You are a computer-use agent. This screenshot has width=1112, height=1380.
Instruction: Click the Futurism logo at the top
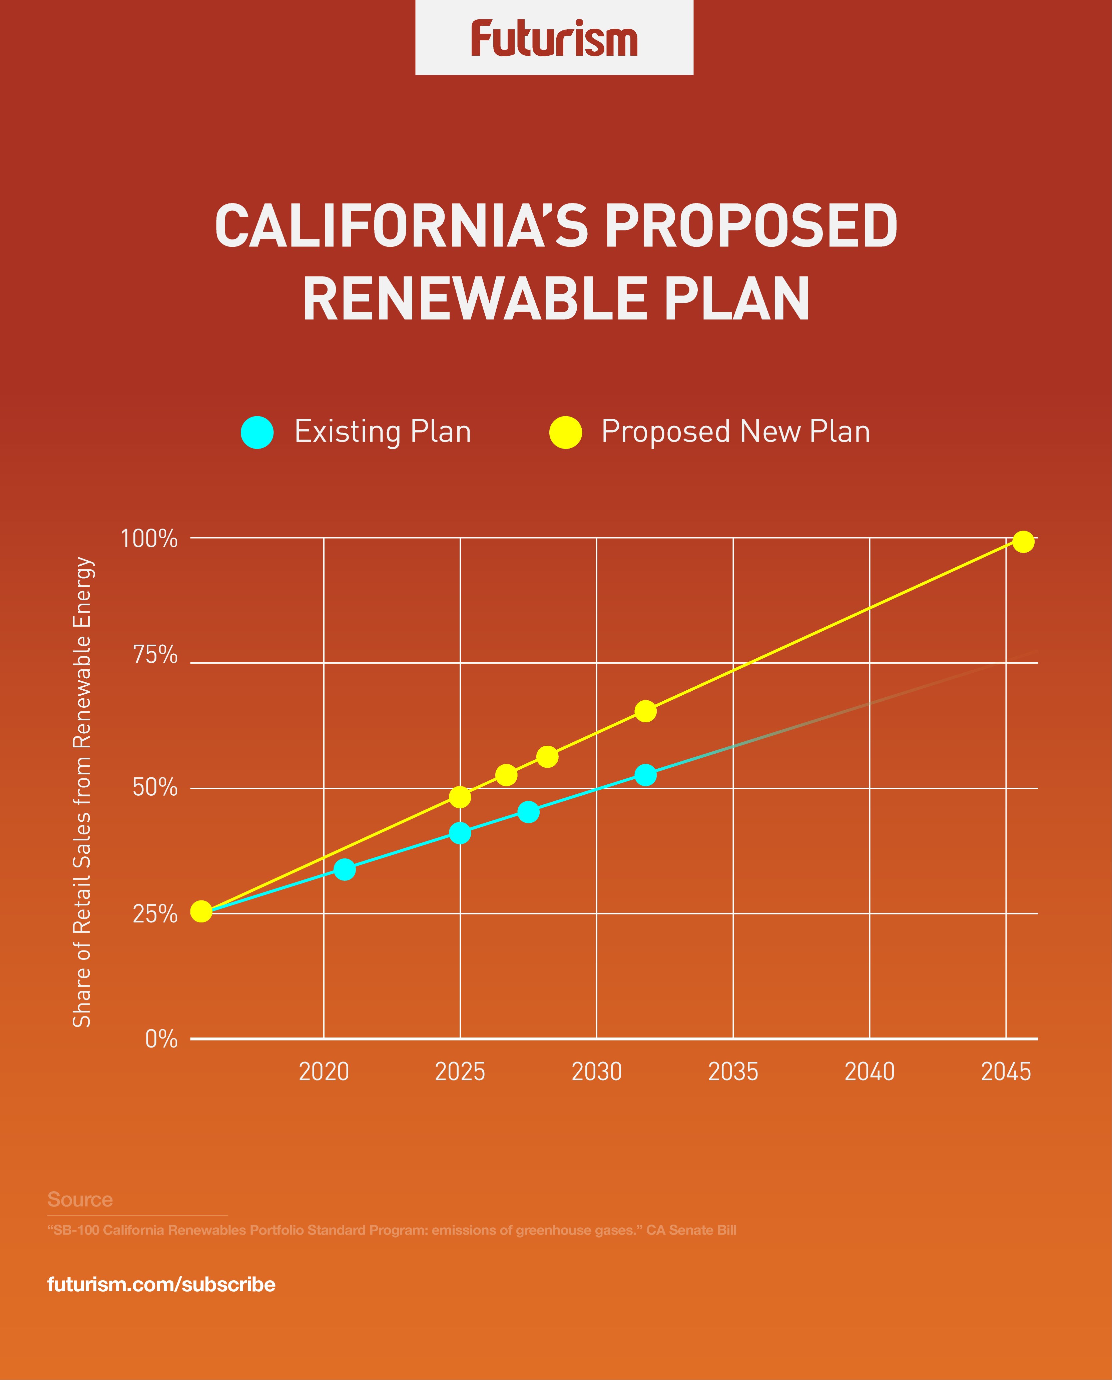pyautogui.click(x=554, y=38)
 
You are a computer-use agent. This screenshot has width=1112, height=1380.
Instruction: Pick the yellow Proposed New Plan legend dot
pyautogui.click(x=566, y=432)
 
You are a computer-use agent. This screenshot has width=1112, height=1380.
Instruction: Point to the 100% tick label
pyautogui.click(x=149, y=539)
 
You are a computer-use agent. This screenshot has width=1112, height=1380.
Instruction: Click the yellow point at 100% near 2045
pyautogui.click(x=1023, y=542)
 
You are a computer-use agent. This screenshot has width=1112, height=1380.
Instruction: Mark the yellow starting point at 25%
pyautogui.click(x=201, y=911)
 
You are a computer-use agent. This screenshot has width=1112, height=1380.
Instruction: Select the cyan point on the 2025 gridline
pyautogui.click(x=460, y=833)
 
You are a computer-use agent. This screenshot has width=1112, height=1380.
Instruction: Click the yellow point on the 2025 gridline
pyautogui.click(x=460, y=797)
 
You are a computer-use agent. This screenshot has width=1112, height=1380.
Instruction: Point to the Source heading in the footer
pyautogui.click(x=80, y=1200)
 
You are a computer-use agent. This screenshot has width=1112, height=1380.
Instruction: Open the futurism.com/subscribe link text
pyautogui.click(x=161, y=1285)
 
